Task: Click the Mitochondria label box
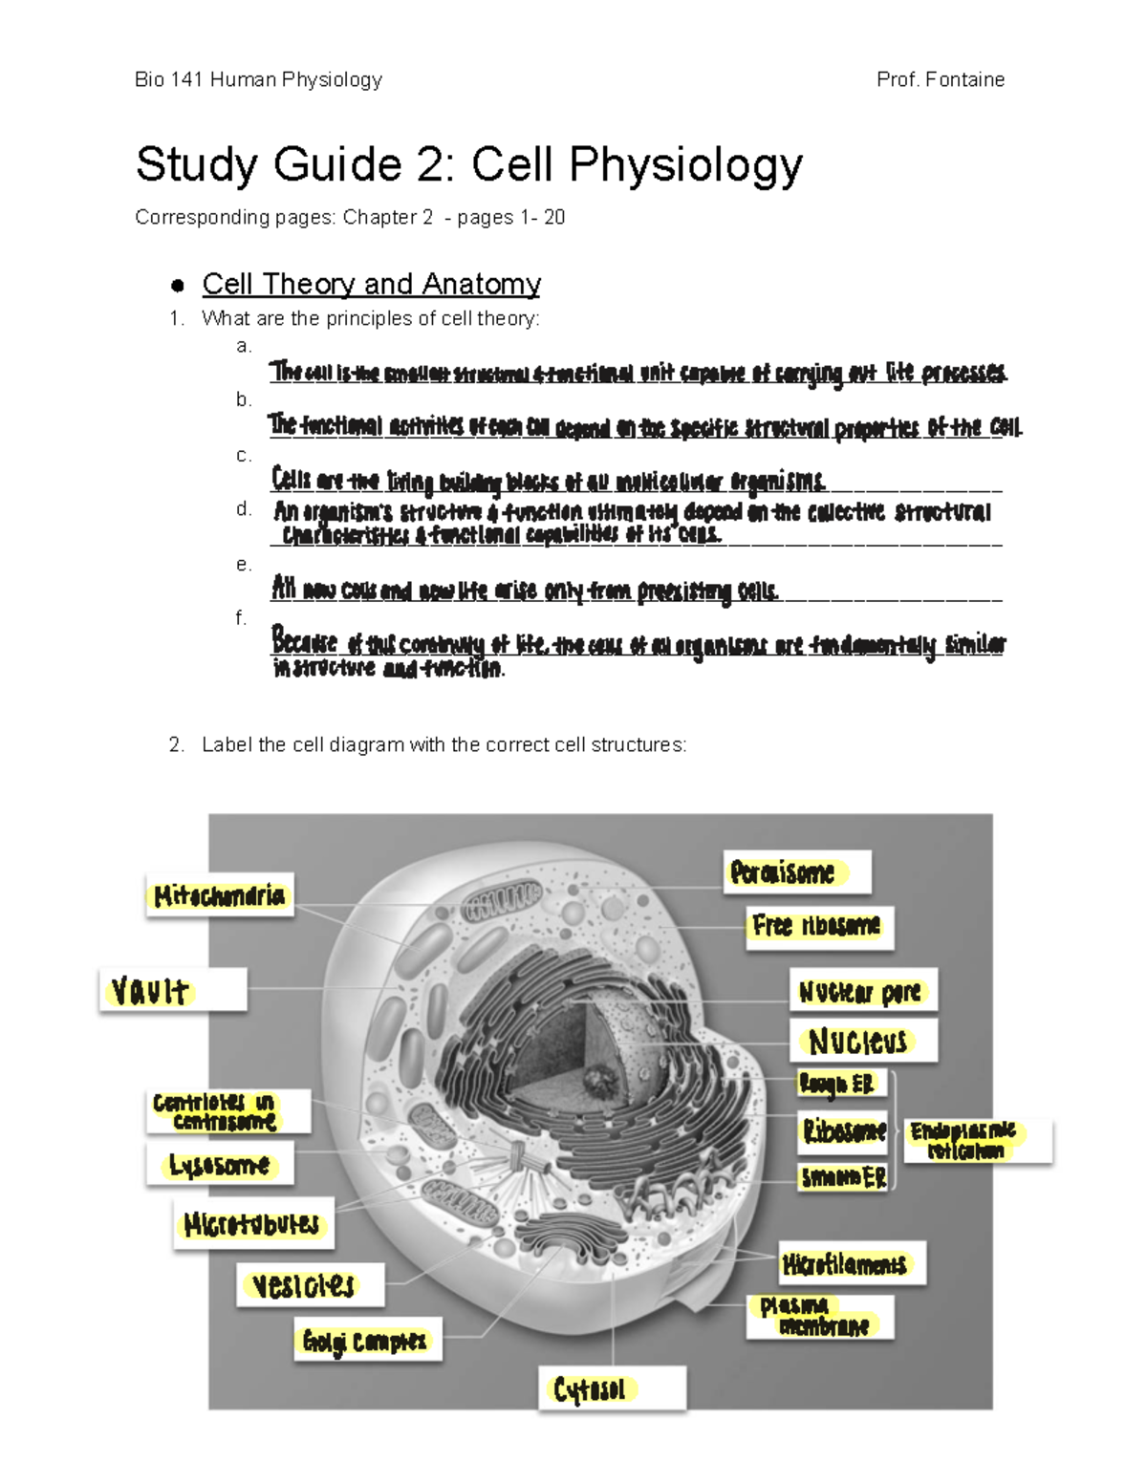point(220,895)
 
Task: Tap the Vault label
point(173,990)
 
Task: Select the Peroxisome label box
point(796,872)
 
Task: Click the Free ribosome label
point(819,926)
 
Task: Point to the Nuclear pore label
point(862,992)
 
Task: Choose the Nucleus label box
point(863,1041)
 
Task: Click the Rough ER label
point(842,1084)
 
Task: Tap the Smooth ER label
point(843,1177)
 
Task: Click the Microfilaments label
point(852,1264)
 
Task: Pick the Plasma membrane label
point(820,1316)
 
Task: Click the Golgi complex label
point(367,1341)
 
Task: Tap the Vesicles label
point(310,1284)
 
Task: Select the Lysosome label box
point(220,1165)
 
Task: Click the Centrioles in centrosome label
point(227,1111)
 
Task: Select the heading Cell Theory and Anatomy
point(371,284)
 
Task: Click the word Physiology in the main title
point(685,164)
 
